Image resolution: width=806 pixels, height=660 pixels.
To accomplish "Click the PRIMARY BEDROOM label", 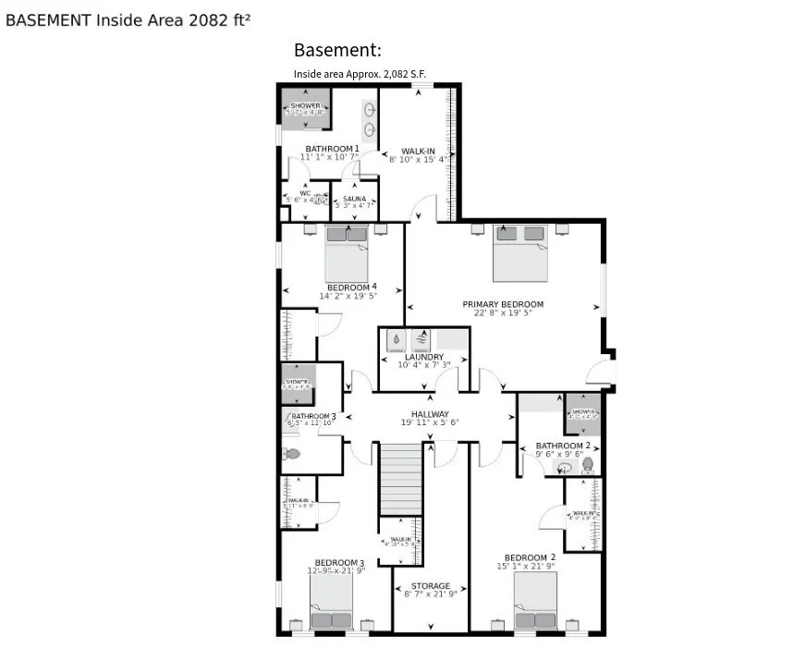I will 503,304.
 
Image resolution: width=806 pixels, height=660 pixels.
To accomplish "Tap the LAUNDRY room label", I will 423,357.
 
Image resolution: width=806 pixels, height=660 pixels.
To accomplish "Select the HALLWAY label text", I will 430,414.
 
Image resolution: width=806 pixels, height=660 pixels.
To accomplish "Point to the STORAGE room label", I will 430,586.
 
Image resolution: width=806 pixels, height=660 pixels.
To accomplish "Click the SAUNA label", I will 355,199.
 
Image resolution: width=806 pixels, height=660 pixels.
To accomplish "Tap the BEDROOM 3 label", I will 339,562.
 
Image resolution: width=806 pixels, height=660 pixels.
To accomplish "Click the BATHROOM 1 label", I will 332,149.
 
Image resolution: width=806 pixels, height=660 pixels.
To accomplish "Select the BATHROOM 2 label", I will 563,446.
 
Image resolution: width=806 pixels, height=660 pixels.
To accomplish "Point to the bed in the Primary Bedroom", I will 520,252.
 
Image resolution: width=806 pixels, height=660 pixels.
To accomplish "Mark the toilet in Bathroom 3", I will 291,454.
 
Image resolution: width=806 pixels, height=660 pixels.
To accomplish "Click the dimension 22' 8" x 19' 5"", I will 503,312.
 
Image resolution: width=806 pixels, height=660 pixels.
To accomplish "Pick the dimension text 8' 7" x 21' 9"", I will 430,594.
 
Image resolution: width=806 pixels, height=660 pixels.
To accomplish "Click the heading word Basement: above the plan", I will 337,50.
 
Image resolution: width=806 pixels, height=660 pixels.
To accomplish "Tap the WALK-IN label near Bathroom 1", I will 418,151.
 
